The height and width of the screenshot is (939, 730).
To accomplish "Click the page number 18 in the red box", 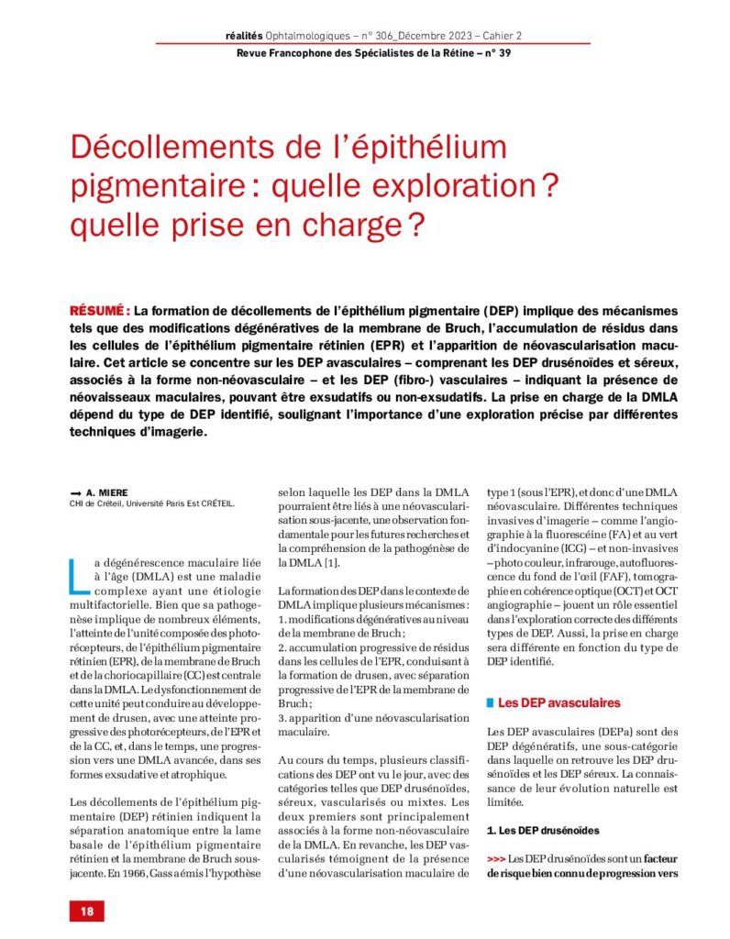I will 86,911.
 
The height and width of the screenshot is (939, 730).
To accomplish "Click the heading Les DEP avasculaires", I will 559,702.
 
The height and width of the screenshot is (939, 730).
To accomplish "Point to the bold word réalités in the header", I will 243,35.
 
